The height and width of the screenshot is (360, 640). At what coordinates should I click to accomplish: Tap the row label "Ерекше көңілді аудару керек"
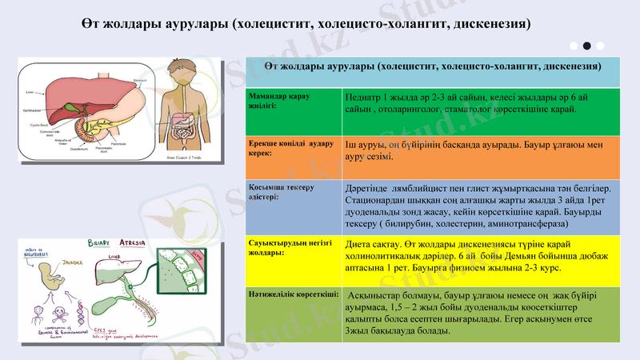coord(283,146)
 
